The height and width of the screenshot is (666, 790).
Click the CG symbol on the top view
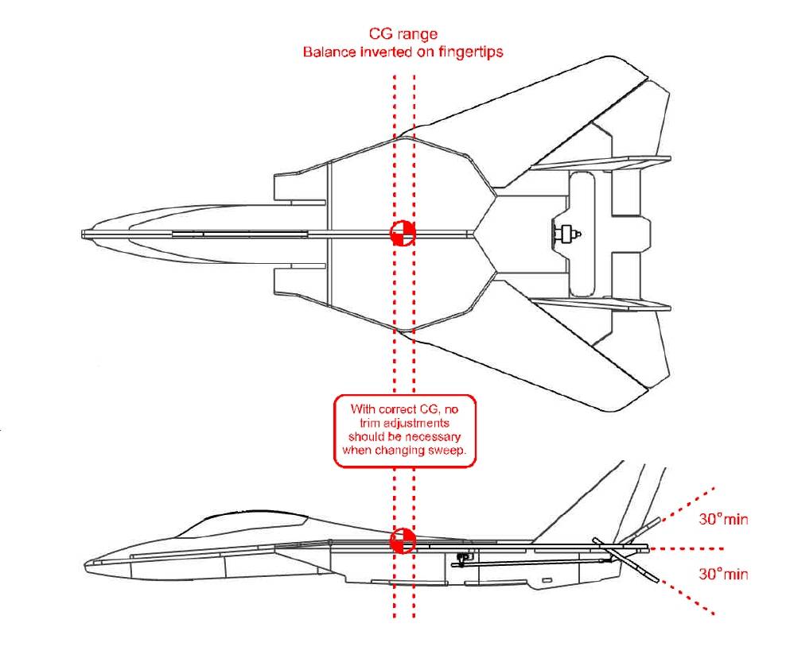click(x=403, y=233)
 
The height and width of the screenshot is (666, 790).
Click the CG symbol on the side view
click(x=403, y=541)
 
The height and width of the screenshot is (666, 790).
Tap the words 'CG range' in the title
click(x=403, y=34)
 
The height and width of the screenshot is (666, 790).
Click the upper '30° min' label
click(x=723, y=519)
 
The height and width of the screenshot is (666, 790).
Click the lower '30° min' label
click(x=723, y=574)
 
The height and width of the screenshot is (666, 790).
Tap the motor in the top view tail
click(x=566, y=234)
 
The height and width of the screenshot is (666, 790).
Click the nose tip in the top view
click(x=83, y=234)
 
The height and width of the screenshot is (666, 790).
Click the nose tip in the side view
click(x=86, y=565)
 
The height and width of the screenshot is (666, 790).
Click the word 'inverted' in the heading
click(x=386, y=52)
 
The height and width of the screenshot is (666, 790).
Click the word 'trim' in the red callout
click(x=370, y=423)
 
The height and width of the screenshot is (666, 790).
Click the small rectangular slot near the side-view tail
click(x=547, y=580)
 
